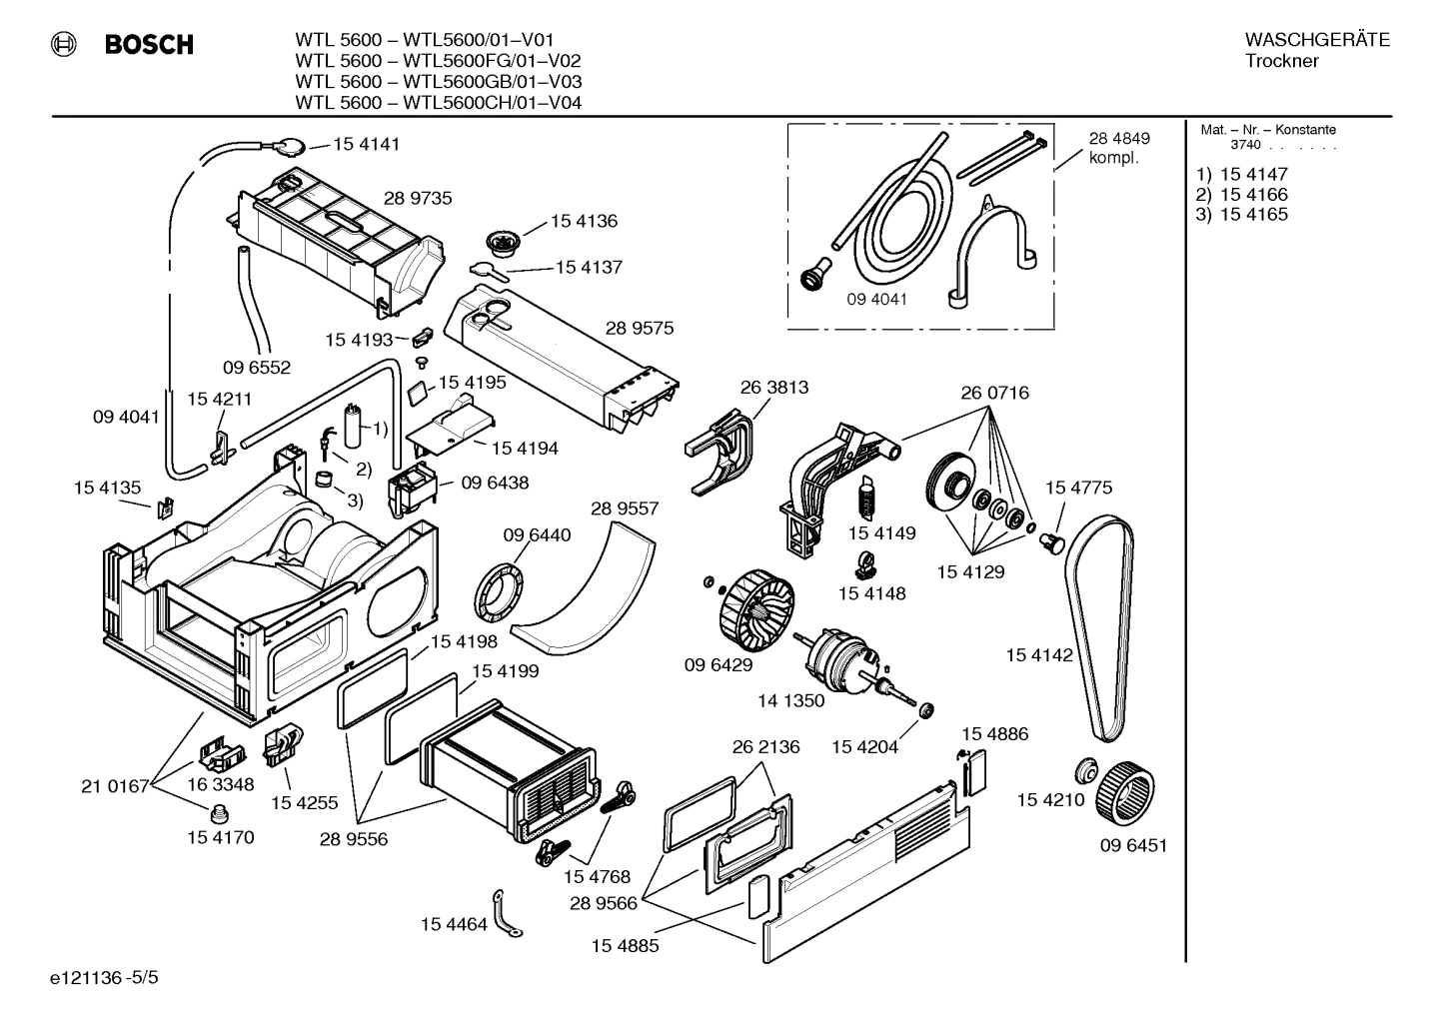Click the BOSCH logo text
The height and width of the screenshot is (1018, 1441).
(148, 45)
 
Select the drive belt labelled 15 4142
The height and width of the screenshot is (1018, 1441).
(1100, 629)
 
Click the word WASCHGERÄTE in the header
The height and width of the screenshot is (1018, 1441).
(1317, 40)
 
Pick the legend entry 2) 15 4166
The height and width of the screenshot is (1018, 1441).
(1242, 194)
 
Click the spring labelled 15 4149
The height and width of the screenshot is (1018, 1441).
(866, 497)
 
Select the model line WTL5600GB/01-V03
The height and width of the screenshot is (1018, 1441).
(439, 82)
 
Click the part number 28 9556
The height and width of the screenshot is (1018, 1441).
(354, 840)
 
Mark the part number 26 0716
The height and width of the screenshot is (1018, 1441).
(994, 393)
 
